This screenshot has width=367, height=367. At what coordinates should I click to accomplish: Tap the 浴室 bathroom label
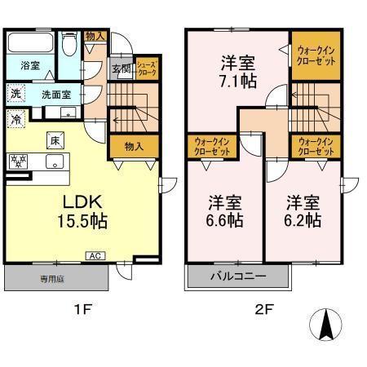[x=29, y=65]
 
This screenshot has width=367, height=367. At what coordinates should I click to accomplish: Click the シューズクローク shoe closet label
[x=147, y=69]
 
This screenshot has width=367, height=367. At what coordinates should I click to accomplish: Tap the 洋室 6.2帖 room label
[x=302, y=211]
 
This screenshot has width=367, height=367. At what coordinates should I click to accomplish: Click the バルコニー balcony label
[x=239, y=276]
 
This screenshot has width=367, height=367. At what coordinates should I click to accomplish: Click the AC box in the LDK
[x=94, y=255]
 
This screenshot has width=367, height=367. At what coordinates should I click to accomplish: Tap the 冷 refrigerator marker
[x=16, y=118]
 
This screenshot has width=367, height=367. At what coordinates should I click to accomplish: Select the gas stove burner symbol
[x=19, y=161]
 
